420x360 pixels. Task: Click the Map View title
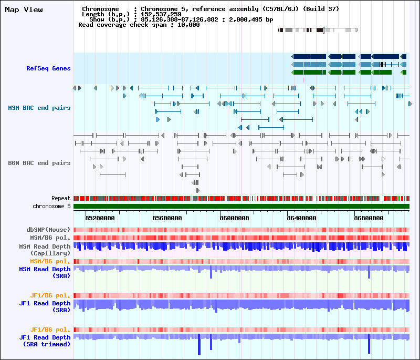[x=24, y=9]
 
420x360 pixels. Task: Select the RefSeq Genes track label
[x=48, y=68]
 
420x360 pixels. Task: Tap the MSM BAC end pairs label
[x=39, y=108]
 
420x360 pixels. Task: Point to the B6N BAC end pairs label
[x=39, y=163]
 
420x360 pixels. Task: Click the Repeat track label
[x=61, y=199]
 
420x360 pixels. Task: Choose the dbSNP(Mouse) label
[x=48, y=230]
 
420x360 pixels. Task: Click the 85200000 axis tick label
[x=100, y=218]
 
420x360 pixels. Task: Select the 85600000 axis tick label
[x=167, y=218]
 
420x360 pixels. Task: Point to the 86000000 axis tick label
[x=234, y=218]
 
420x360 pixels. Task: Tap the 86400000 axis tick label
[x=301, y=218]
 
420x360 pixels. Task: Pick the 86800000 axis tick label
[x=369, y=218]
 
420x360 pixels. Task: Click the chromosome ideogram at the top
[x=318, y=30]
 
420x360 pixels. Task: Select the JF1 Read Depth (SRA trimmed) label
[x=45, y=341]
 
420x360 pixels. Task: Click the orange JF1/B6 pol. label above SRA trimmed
[x=52, y=330]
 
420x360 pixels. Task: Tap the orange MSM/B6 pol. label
[x=50, y=261]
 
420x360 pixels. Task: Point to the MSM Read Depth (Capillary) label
[x=45, y=250]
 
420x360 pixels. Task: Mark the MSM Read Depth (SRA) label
[x=45, y=272]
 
